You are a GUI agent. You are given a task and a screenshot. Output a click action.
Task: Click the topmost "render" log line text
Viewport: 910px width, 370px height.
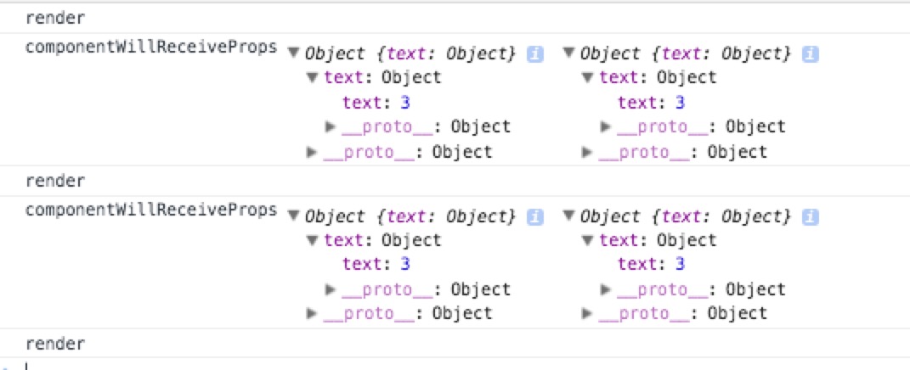point(55,18)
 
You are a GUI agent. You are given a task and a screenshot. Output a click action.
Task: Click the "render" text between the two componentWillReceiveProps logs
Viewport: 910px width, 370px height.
point(55,181)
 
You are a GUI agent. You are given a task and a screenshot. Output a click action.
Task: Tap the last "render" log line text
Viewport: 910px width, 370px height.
point(55,344)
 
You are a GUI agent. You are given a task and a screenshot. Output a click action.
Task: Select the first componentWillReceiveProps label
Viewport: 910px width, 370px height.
point(151,47)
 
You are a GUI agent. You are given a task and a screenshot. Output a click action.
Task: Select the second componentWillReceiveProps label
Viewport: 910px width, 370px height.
point(151,210)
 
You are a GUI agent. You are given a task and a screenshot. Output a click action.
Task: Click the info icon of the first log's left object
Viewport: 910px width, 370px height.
point(535,53)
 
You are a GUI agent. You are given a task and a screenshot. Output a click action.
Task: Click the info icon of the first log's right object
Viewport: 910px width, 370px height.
point(811,53)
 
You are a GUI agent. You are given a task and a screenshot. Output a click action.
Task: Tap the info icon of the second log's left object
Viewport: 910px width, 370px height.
point(535,216)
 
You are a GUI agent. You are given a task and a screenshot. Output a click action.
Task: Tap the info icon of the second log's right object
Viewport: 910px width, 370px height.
point(811,216)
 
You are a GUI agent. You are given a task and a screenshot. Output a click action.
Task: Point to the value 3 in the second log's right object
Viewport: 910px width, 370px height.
point(680,264)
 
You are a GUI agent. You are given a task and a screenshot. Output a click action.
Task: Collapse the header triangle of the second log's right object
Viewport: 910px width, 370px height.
point(569,217)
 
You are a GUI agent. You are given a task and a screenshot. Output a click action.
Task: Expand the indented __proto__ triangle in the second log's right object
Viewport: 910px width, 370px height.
point(607,290)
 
